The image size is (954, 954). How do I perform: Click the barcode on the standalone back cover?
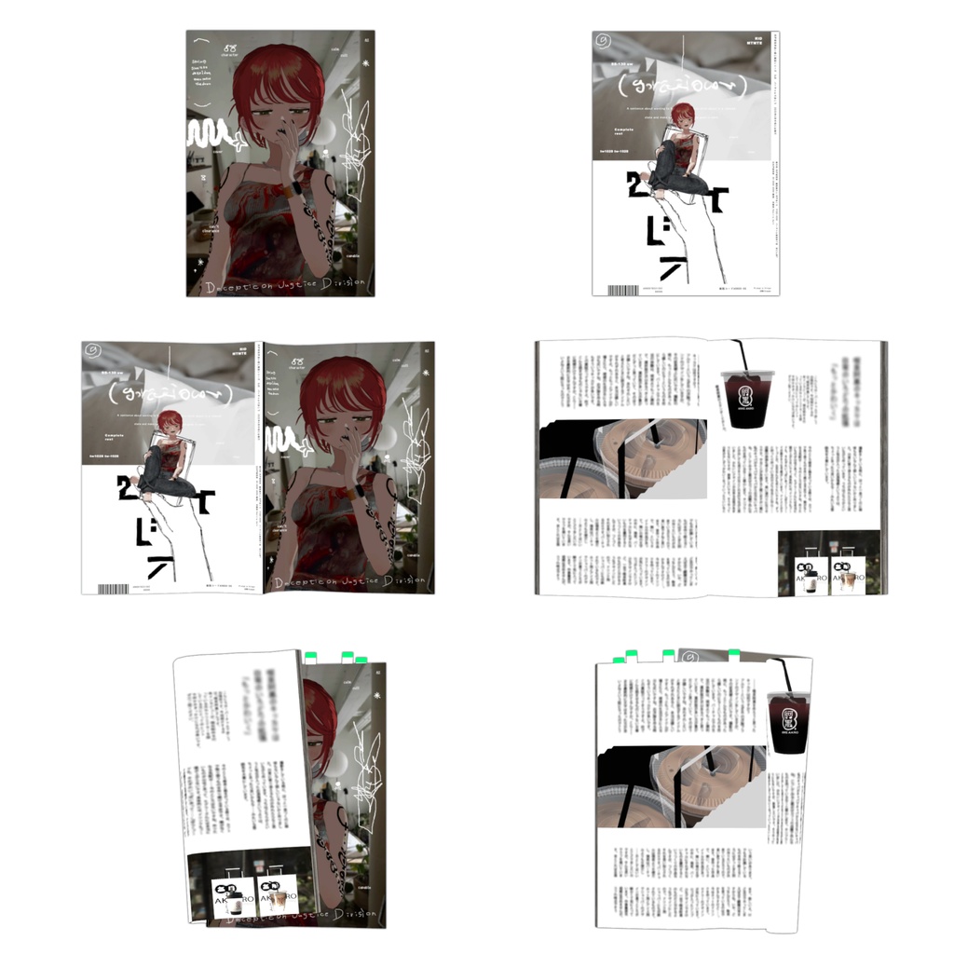pos(623,290)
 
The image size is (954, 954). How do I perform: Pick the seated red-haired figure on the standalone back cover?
pos(678,149)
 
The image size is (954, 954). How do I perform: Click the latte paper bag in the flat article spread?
pos(845,574)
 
